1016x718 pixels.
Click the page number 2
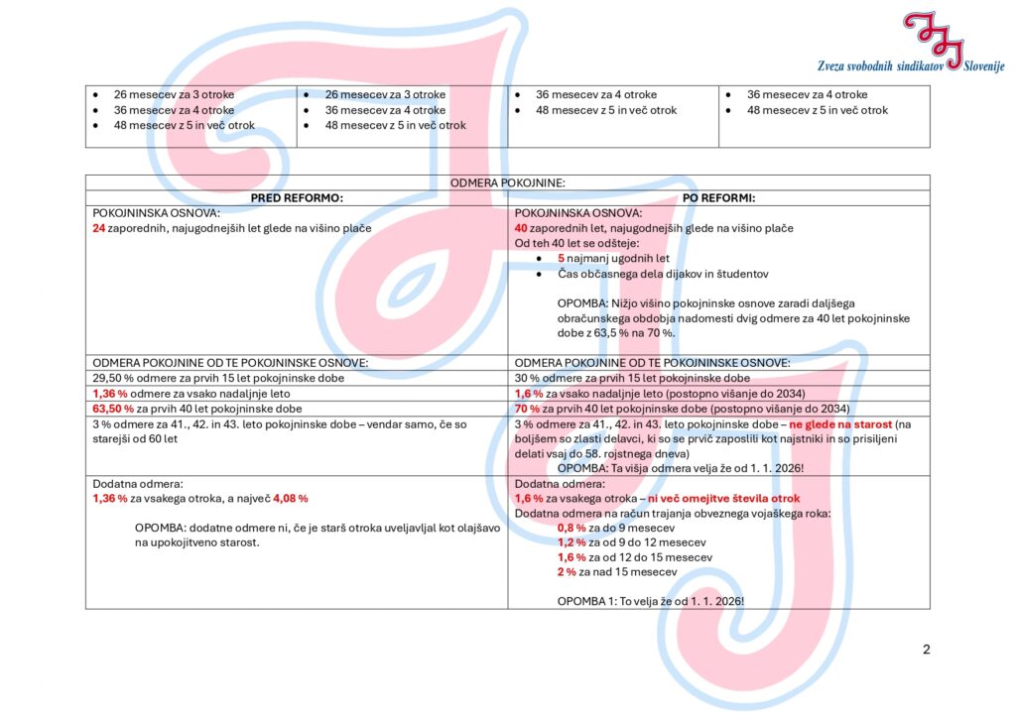(926, 651)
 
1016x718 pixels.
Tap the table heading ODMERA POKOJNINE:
(507, 183)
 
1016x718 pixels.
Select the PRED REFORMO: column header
(296, 198)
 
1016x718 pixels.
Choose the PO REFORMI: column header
(718, 198)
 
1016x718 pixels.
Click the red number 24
(98, 229)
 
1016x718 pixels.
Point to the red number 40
(521, 229)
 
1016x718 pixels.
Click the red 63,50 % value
(113, 409)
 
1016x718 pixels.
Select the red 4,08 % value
(291, 498)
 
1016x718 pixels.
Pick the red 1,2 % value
(571, 542)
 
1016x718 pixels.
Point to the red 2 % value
(567, 572)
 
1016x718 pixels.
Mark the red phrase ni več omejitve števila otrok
(723, 498)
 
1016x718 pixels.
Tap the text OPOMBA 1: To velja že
(650, 601)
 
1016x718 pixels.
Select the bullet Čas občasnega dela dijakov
(649, 274)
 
